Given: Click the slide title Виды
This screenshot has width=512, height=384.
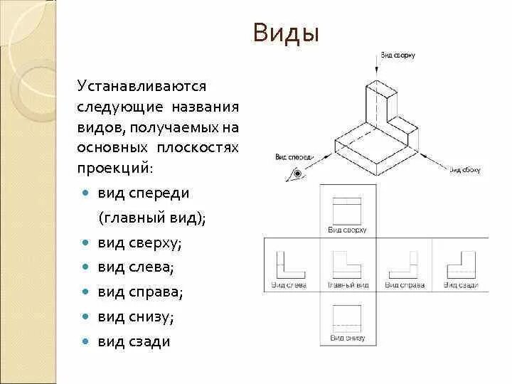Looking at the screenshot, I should (x=285, y=33).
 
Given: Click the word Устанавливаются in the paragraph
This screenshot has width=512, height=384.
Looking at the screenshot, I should (x=142, y=87).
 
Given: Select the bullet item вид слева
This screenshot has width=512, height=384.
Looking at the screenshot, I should (x=136, y=267).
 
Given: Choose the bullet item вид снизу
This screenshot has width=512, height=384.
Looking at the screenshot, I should (x=136, y=316).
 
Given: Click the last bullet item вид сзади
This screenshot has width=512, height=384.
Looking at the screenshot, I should (x=134, y=341).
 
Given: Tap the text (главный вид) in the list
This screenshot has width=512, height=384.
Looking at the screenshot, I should (x=152, y=218).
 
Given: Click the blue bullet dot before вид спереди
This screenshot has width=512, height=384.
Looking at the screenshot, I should (x=85, y=193).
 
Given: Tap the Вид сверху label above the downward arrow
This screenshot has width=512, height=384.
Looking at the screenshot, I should (x=398, y=55).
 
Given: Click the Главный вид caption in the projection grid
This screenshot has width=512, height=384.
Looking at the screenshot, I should (x=348, y=285).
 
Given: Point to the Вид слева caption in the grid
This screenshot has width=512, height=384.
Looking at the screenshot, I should (x=289, y=285).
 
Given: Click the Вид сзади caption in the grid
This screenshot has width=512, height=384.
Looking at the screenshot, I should (x=462, y=285).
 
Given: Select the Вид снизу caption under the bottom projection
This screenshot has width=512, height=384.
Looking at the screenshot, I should (x=348, y=338).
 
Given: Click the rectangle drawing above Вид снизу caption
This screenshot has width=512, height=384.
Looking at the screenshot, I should (x=348, y=315).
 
